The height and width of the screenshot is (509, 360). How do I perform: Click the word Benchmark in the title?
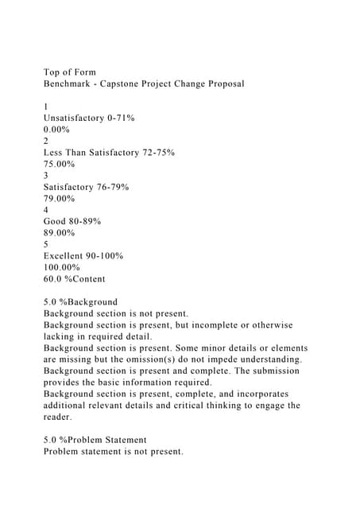coord(71,84)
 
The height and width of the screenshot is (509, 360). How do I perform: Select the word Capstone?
coord(130,84)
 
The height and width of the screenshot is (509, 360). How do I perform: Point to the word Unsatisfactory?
coord(78,118)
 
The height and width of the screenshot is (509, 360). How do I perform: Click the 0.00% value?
coord(60,129)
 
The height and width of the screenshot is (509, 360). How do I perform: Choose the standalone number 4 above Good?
coord(46,210)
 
